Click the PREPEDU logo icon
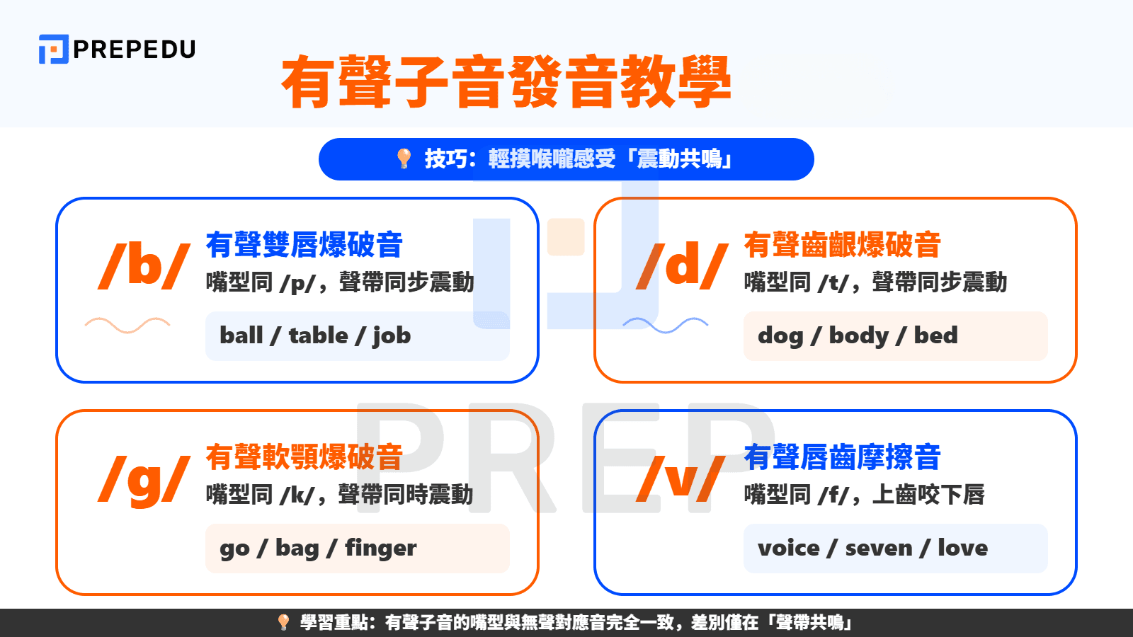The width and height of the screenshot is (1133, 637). pos(53,49)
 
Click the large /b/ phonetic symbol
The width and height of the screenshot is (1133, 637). pos(144,265)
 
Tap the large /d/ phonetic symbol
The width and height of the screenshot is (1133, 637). pos(683,265)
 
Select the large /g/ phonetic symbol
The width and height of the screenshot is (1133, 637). pos(144,479)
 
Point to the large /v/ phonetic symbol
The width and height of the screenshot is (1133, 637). pos(681,479)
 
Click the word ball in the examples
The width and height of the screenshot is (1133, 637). pos(241,335)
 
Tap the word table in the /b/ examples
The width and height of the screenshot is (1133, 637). pos(319,335)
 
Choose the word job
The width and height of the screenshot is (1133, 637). pos(392,335)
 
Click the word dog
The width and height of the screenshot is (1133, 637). pos(780,336)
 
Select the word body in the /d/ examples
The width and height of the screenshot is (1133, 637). pos(858,335)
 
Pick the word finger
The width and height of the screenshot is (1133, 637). pos(380,548)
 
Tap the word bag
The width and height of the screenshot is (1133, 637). pos(297,549)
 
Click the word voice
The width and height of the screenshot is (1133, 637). pos(788,548)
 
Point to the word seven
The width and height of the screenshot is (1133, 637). pos(878,548)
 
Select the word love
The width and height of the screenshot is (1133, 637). pos(962,548)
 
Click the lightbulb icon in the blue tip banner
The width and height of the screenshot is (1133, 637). pos(404,159)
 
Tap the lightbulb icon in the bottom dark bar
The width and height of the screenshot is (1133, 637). pos(283,622)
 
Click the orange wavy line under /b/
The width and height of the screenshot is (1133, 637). pos(127,325)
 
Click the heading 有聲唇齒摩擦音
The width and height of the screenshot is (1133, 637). pos(842,457)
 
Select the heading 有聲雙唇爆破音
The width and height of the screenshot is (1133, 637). pos(304,245)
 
